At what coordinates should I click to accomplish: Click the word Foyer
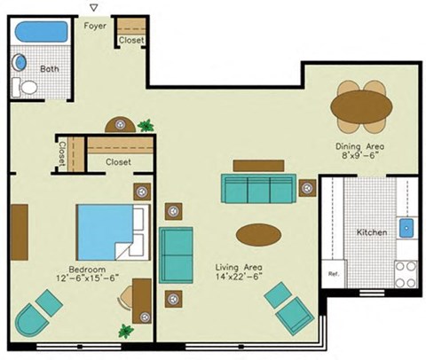pyautogui.click(x=95, y=26)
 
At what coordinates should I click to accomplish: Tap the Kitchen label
pyautogui.click(x=372, y=232)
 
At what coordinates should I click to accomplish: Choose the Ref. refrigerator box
pyautogui.click(x=335, y=274)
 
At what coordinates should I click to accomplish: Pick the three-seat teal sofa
pyautogui.click(x=258, y=189)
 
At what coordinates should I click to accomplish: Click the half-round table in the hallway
pyautogui.click(x=121, y=126)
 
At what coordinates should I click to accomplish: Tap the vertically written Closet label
pyautogui.click(x=62, y=155)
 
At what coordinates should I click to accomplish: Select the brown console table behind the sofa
pyautogui.click(x=258, y=165)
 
